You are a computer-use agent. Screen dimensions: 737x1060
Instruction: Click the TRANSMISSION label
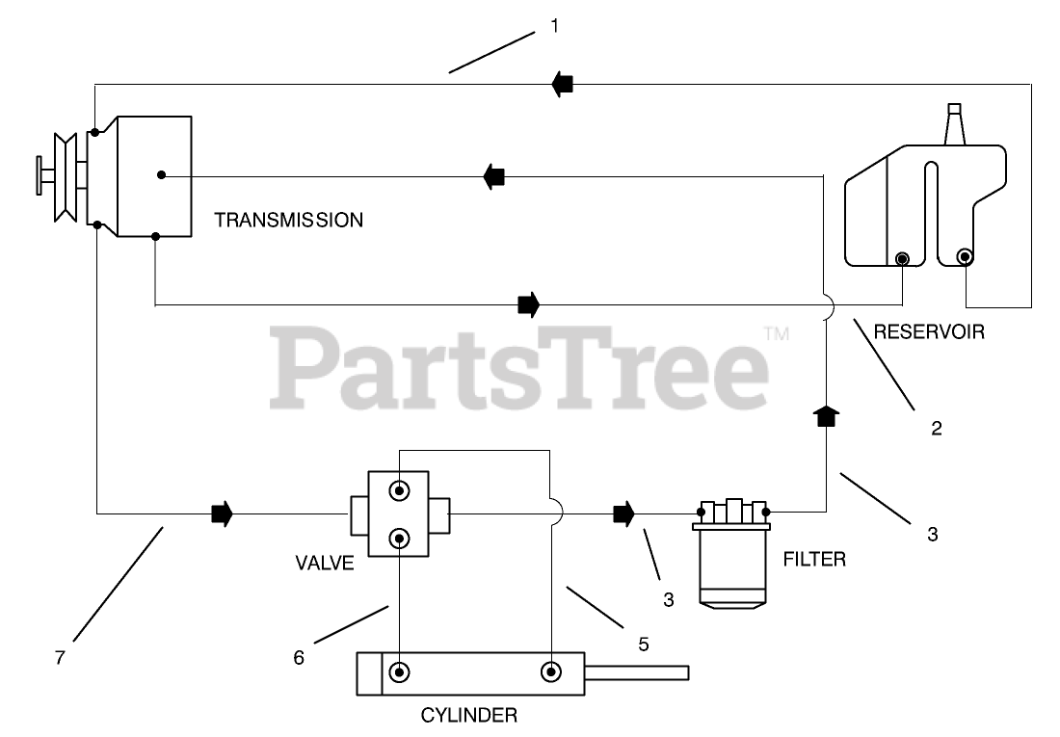click(x=288, y=220)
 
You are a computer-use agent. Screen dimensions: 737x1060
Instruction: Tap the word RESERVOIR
click(x=928, y=332)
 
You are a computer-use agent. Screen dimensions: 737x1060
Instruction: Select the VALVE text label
click(x=326, y=564)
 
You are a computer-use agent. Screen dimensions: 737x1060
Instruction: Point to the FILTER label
click(x=814, y=559)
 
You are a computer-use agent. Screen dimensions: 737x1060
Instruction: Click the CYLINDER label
click(x=469, y=715)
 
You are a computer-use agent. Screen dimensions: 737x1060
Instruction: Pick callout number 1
click(x=554, y=27)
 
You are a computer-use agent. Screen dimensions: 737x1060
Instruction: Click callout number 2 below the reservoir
click(x=936, y=427)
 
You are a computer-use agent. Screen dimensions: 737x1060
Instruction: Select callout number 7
click(x=60, y=657)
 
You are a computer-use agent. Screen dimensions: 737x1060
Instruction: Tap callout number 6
click(x=299, y=657)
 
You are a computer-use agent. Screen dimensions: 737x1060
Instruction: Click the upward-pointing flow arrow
click(x=826, y=416)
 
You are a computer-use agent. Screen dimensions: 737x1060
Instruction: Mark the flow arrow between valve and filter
click(x=624, y=513)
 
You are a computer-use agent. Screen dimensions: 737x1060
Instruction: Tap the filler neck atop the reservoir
click(x=955, y=124)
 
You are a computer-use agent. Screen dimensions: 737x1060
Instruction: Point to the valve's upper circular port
click(x=398, y=491)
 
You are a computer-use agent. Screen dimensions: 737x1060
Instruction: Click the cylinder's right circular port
click(x=551, y=671)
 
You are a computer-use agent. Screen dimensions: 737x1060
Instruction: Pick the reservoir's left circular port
click(x=902, y=258)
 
